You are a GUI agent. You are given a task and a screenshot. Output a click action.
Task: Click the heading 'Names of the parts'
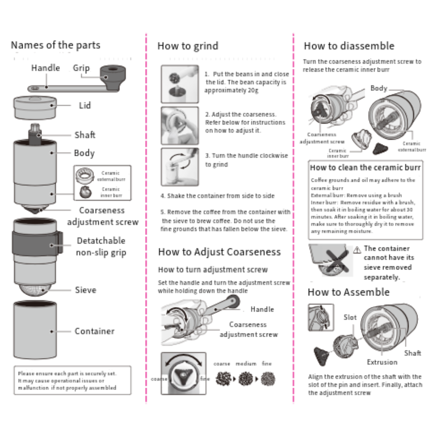tap(55, 45)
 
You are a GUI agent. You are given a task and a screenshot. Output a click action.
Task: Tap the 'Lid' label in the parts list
tap(85, 106)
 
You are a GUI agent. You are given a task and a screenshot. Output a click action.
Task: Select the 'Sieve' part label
tap(85, 290)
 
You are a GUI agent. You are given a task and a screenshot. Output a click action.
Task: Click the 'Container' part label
tap(94, 331)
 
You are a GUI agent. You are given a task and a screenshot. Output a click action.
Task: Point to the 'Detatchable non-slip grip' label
tap(101, 246)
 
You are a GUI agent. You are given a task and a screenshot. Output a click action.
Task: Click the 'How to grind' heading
tap(188, 46)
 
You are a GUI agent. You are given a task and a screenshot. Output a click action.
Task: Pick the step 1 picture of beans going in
tap(180, 84)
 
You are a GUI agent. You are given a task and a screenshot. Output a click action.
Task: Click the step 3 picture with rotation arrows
tap(180, 166)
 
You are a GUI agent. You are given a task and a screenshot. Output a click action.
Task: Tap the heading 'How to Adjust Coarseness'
tap(219, 252)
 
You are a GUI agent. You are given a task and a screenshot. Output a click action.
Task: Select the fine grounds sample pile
tap(267, 378)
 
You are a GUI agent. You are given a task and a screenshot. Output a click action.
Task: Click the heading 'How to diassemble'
tap(348, 46)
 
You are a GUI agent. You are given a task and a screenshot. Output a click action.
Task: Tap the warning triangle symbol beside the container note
tap(357, 250)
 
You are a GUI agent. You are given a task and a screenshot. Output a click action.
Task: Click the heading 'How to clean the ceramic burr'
tap(365, 168)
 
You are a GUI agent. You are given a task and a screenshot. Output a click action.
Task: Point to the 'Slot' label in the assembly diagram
tap(350, 317)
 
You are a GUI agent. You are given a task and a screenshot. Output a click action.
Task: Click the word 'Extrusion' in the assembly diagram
tap(382, 362)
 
